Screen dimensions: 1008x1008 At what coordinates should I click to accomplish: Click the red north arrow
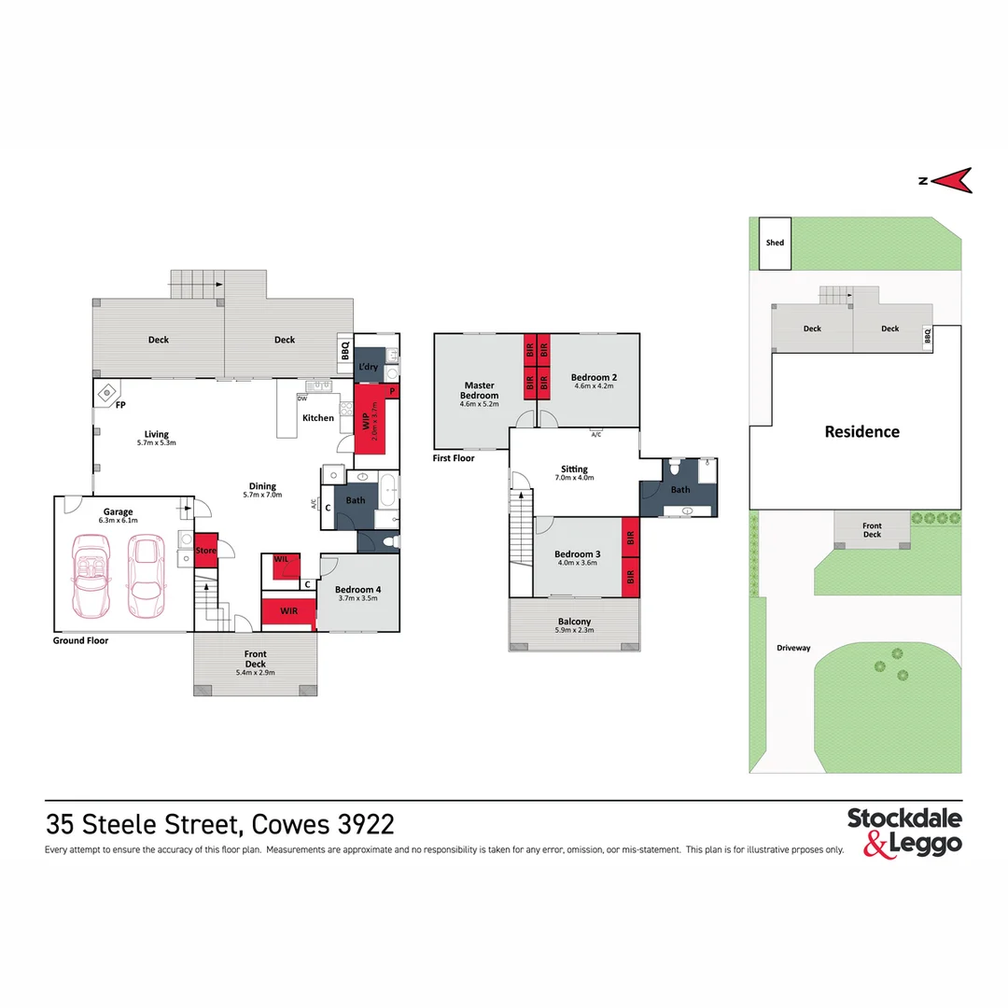953,180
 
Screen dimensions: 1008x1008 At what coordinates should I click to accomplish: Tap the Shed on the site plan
775,243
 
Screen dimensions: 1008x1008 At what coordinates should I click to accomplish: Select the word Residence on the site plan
861,431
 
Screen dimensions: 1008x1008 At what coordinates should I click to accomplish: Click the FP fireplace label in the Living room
121,406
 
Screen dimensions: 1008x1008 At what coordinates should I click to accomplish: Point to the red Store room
205,550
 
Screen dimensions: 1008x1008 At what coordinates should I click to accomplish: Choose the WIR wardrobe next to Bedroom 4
287,611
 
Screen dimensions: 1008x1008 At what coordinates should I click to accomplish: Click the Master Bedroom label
480,389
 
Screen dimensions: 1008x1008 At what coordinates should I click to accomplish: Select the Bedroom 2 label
595,377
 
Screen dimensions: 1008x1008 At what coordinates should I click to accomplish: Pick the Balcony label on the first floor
574,622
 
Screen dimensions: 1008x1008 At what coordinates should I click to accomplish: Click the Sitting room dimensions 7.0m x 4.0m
574,478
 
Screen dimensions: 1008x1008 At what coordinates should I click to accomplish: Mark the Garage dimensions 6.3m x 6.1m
118,522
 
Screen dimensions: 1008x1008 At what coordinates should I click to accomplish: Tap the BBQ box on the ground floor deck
344,353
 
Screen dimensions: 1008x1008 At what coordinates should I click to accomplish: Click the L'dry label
369,367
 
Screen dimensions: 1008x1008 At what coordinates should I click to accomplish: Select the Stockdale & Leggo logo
903,832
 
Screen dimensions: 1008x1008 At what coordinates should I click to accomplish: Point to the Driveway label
792,647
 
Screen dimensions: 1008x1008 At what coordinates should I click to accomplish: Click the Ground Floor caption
80,641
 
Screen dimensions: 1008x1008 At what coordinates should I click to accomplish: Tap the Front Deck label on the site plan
872,530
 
